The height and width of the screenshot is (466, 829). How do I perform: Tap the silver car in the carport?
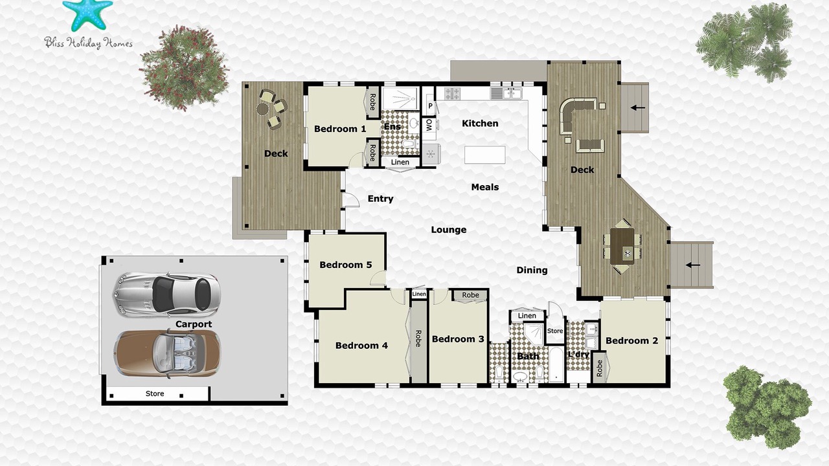click(x=166, y=294)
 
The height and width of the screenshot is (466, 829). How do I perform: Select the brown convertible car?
click(x=166, y=353)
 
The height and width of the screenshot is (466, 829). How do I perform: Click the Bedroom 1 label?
click(x=340, y=129)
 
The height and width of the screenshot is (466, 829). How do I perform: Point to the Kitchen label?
click(x=480, y=123)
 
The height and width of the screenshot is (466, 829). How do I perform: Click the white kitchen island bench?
click(x=485, y=155)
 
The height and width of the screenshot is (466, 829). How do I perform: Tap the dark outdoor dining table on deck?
click(x=622, y=246)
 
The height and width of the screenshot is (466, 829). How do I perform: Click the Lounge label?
click(x=449, y=230)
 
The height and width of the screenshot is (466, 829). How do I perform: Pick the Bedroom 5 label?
click(x=346, y=265)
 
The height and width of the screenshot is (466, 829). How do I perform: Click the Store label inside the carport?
click(x=155, y=394)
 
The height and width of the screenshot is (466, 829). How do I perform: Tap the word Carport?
click(x=194, y=324)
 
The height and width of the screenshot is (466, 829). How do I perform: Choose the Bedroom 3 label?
click(x=458, y=339)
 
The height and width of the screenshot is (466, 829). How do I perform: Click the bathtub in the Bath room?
click(x=556, y=364)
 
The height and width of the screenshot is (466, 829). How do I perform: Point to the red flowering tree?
click(x=184, y=68)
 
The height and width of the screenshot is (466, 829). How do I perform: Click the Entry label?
click(x=380, y=199)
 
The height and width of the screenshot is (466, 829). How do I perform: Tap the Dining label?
click(x=532, y=271)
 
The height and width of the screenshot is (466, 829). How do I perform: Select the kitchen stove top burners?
click(x=452, y=94)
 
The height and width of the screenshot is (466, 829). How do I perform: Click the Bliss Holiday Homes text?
click(x=88, y=43)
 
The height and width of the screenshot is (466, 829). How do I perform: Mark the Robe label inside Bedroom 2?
click(x=599, y=368)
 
